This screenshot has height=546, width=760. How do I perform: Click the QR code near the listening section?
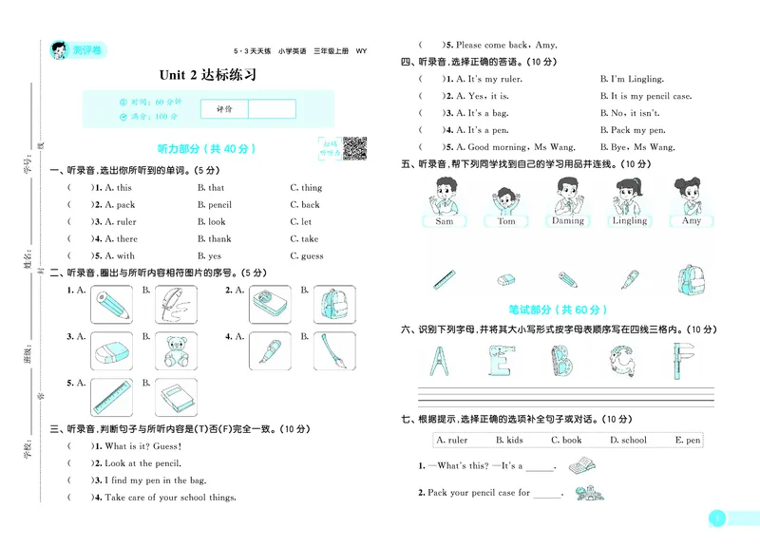click(353, 148)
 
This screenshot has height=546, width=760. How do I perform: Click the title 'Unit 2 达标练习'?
click(208, 75)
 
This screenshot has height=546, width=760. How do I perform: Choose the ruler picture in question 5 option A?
click(111, 396)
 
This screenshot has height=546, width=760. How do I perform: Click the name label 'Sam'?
click(444, 221)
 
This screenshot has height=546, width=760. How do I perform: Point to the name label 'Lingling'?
click(629, 221)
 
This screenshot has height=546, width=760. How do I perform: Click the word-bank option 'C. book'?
click(566, 441)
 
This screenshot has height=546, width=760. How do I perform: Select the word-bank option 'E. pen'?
click(687, 441)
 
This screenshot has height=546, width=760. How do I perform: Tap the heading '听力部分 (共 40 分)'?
click(205, 149)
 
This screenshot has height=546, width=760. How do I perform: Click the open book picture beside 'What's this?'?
click(580, 466)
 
